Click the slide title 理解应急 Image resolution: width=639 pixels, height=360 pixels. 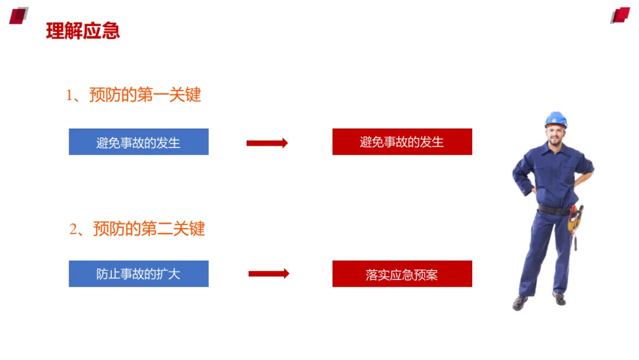click(83, 31)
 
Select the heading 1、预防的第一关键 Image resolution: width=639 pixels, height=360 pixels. click(134, 95)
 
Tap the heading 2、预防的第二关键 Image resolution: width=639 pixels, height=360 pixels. click(137, 229)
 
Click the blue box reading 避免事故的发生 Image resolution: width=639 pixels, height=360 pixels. click(138, 142)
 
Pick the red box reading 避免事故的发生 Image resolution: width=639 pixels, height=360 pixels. click(402, 142)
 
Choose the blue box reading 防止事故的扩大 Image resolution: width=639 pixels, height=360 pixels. click(138, 274)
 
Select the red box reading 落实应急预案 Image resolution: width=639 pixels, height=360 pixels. click(402, 274)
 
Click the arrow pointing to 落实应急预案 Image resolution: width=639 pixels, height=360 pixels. click(269, 274)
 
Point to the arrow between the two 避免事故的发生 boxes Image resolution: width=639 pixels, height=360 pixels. click(267, 143)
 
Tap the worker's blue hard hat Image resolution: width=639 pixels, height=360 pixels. click(556, 118)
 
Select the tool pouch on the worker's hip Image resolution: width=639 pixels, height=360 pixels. click(574, 220)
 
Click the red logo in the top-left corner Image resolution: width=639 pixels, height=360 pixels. click(18, 15)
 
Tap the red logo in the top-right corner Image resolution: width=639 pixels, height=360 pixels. click(620, 15)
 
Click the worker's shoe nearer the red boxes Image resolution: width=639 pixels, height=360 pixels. click(520, 303)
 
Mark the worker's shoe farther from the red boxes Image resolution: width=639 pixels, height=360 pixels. click(559, 298)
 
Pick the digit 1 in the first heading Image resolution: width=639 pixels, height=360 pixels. click(69, 95)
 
